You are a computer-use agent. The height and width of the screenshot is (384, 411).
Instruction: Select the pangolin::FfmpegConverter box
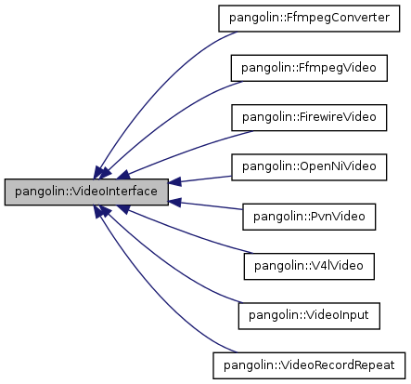(x=309, y=18)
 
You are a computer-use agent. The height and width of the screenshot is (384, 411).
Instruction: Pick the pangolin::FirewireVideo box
(x=309, y=117)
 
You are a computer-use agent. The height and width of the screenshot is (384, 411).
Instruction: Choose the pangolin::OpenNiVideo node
(x=309, y=166)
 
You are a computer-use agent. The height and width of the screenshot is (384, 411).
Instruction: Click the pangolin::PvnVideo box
(x=309, y=217)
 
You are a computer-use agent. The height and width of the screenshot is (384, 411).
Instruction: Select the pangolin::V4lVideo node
(x=309, y=266)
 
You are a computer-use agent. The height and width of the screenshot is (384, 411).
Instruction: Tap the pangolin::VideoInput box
(x=309, y=315)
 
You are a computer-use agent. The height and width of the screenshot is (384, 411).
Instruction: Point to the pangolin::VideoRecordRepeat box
(x=309, y=364)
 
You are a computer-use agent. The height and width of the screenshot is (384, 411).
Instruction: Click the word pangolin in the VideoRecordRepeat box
(x=247, y=364)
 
